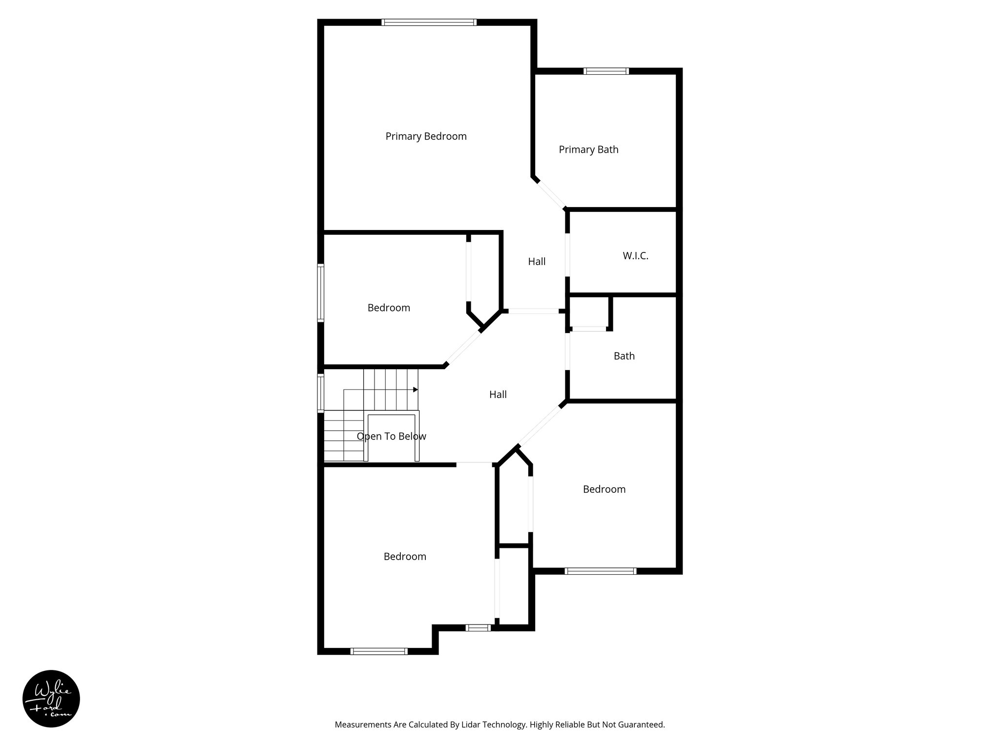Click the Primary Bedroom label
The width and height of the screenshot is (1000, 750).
coord(426,136)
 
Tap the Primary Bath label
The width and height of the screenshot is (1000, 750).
coord(588,149)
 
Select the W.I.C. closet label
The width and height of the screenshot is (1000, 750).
coord(635,256)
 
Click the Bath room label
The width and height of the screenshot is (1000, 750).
coord(624,356)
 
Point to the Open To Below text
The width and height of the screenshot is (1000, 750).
coord(391,437)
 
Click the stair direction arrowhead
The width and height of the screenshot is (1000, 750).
coord(416,390)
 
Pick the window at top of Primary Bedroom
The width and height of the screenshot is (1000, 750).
coord(429,22)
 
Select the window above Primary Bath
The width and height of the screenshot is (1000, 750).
coord(606,71)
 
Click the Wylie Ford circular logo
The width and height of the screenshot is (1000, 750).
coord(51,699)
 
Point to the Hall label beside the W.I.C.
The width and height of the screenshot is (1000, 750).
coord(537,262)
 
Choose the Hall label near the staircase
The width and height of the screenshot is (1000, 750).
coord(498,395)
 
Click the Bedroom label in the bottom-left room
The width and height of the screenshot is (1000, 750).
coord(405,557)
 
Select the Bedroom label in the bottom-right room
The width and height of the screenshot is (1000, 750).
coord(604,489)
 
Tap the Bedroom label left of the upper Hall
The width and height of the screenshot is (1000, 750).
coord(389,308)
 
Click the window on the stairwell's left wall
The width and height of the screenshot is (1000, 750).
coord(321,393)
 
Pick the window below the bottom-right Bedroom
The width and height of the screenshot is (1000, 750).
coord(601,571)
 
